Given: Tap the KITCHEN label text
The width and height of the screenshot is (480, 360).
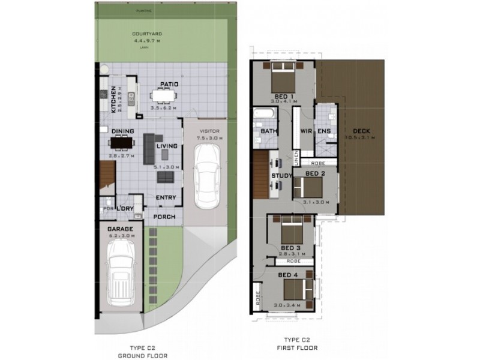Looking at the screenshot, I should click(x=113, y=100).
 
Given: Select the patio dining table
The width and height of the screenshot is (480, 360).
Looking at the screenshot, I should click(x=163, y=95).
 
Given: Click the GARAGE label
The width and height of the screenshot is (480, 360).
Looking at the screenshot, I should click(x=120, y=229).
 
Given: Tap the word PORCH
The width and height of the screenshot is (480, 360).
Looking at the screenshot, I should click(x=163, y=217).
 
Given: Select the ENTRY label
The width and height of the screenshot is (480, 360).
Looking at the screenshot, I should click(x=165, y=197).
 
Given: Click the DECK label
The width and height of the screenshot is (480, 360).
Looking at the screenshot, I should click(x=362, y=131).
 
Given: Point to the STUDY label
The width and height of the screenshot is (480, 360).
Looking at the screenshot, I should click(x=281, y=176).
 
